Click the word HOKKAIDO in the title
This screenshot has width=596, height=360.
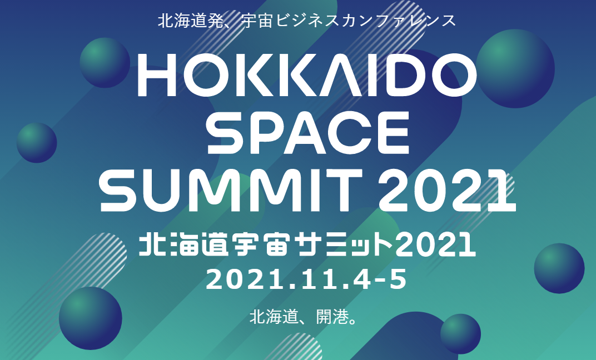[307, 75]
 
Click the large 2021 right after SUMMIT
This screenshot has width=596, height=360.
[448, 191]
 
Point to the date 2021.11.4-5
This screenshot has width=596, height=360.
[306, 279]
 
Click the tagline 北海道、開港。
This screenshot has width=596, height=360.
[304, 317]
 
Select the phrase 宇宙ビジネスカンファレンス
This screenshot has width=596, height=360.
[349, 21]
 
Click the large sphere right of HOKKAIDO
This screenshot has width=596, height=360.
[515, 69]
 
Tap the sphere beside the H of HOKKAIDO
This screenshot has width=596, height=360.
[105, 63]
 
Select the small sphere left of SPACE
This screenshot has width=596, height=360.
[37, 143]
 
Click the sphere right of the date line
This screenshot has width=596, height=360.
[559, 268]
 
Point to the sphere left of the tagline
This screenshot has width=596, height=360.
[91, 318]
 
